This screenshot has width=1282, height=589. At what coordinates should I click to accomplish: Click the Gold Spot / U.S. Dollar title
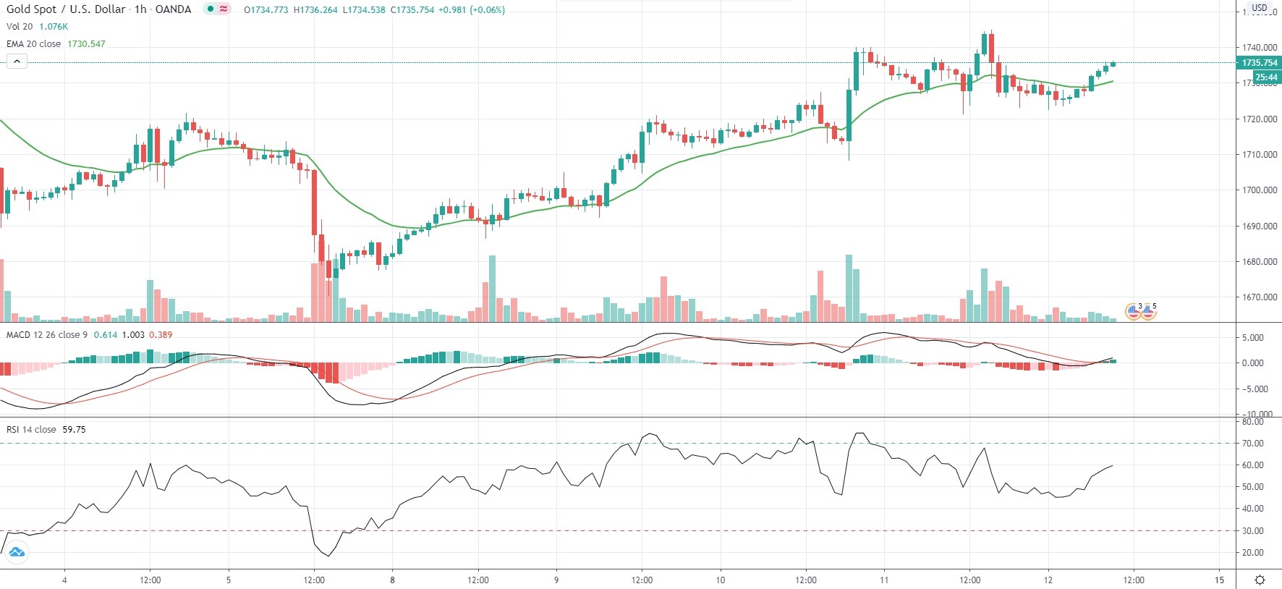(66, 9)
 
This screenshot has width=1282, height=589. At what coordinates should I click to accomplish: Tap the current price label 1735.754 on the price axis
(1260, 63)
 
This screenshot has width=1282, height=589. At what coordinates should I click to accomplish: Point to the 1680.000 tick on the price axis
(1260, 262)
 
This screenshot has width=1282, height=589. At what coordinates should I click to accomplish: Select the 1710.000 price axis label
(1260, 155)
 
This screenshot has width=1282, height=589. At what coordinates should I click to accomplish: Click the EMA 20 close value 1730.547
(86, 44)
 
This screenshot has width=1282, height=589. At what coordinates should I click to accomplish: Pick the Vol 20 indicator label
(20, 27)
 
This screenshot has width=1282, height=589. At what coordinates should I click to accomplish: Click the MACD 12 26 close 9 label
(47, 335)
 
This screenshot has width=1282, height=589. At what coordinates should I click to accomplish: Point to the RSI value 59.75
(74, 430)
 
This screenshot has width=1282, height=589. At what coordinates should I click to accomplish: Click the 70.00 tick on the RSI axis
(1253, 444)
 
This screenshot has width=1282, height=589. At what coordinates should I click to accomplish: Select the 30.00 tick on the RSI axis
(1253, 531)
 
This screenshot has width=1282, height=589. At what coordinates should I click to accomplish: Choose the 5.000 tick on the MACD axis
(1253, 338)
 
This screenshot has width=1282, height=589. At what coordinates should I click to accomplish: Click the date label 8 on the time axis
(392, 580)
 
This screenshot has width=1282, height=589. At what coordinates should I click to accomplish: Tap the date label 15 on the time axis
(1219, 580)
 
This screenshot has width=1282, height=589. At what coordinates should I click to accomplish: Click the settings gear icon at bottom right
(1260, 580)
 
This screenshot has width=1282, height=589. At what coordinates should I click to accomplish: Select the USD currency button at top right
(1260, 8)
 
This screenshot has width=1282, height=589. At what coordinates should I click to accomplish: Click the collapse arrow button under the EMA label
(17, 62)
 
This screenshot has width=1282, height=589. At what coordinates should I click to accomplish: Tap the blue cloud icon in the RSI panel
(17, 552)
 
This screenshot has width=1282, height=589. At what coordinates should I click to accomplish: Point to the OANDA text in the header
(173, 9)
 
